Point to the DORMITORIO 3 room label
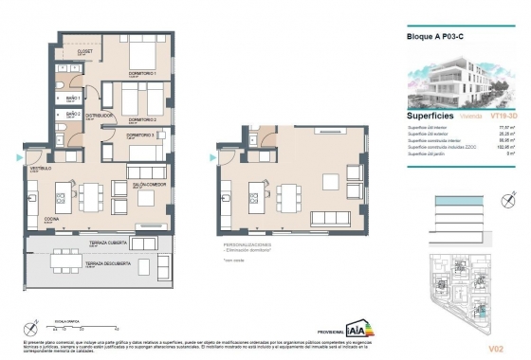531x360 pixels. (140, 135)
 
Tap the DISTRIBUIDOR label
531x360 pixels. (100, 116)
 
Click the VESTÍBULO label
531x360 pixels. (41, 168)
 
